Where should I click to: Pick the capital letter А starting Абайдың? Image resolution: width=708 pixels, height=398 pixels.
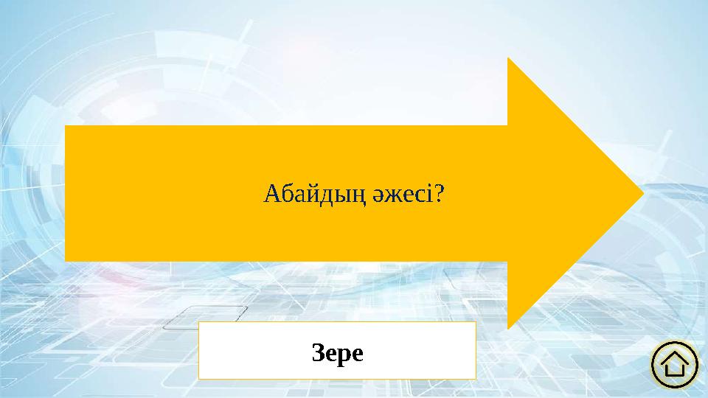270,195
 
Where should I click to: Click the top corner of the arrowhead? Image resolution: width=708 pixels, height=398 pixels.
508,58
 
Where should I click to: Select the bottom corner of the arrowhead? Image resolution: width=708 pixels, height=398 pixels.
508,329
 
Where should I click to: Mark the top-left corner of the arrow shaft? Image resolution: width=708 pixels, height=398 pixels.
66,127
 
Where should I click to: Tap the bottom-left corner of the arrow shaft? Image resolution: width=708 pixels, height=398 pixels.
66,260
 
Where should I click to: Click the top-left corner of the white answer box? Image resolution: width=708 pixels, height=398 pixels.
200,322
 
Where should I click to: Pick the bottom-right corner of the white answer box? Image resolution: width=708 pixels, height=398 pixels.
475,378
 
